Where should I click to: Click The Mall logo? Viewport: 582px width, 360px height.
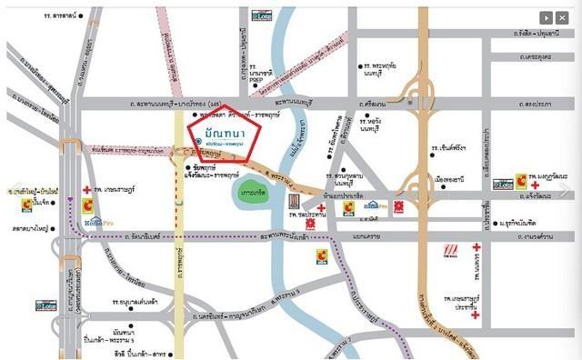coord(452,249)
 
